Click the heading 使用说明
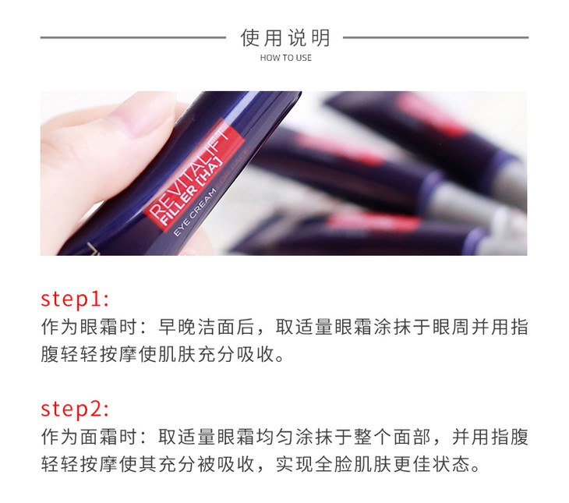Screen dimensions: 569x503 pos(285,37)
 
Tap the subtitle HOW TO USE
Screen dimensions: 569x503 pos(285,58)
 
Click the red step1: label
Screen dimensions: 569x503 pos(75,299)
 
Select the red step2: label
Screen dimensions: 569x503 pos(75,409)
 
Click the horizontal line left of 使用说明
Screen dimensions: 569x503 pos(133,37)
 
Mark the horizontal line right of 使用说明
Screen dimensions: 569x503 pos(436,37)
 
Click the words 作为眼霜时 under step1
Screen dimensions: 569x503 pos(90,327)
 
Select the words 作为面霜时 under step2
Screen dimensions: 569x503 pos(90,437)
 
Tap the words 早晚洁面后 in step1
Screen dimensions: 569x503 pos(207,327)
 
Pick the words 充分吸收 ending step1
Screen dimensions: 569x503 pos(237,355)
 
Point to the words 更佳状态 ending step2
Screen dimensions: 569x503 pos(432,465)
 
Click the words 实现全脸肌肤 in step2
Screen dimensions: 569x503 pos(334,465)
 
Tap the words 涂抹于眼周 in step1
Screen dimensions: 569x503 pos(422,327)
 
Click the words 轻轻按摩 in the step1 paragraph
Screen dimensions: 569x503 pos(100,355)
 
